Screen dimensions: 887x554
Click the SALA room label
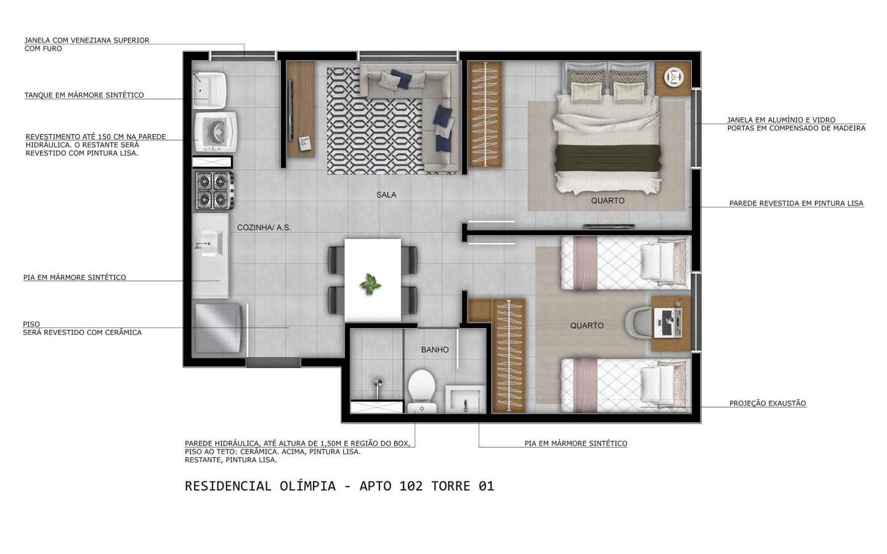click(386, 195)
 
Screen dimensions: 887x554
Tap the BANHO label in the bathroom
click(435, 350)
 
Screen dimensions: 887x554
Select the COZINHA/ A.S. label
click(264, 228)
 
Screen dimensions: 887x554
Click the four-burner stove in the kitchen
click(214, 190)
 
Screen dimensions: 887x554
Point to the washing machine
click(216, 132)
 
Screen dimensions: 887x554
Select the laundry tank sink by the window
click(209, 90)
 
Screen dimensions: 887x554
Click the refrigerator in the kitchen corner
click(218, 328)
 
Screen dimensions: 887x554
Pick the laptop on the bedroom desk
click(668, 323)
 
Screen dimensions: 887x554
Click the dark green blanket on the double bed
click(608, 158)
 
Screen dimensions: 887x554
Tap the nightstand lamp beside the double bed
click(674, 77)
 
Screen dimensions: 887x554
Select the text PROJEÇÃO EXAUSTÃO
click(768, 403)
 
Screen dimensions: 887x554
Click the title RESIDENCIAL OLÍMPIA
click(260, 486)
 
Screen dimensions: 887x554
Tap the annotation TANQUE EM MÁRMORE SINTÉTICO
click(84, 95)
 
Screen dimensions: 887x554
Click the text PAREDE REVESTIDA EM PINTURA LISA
click(796, 203)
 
